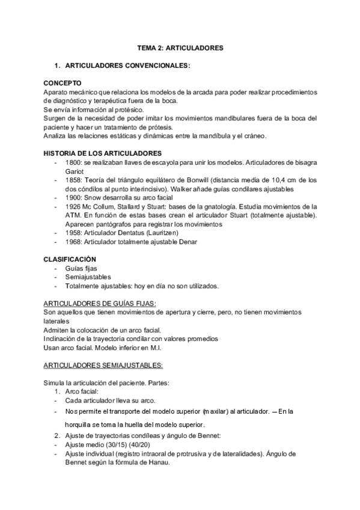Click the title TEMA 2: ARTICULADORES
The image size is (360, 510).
click(180, 47)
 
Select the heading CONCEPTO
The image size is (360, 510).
click(63, 82)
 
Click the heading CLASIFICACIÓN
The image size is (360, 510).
click(70, 259)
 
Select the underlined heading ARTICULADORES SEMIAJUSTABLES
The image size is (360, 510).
click(103, 365)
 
